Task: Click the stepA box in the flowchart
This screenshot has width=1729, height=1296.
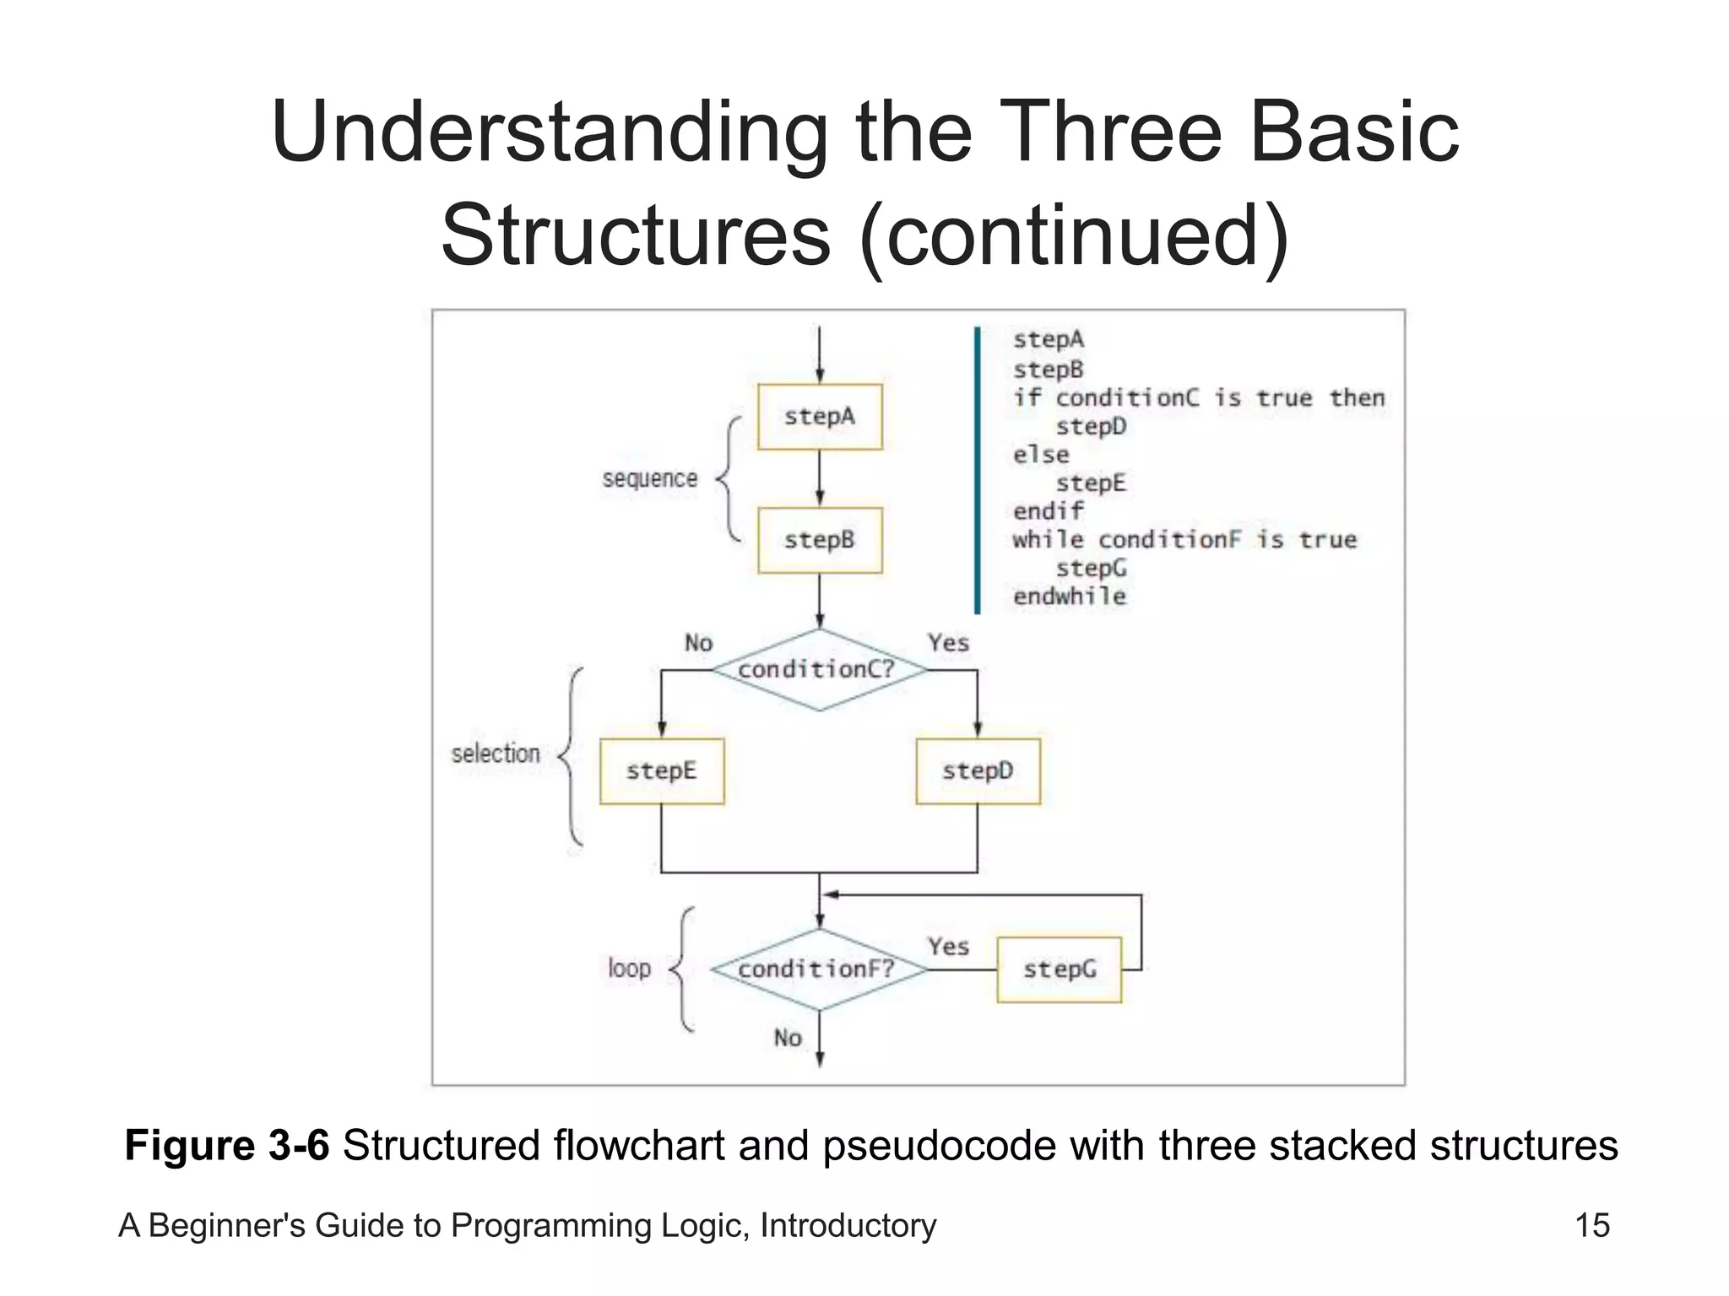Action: [819, 417]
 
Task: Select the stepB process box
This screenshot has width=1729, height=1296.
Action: [819, 540]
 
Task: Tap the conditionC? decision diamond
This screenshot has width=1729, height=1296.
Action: [817, 670]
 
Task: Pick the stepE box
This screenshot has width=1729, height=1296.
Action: [662, 771]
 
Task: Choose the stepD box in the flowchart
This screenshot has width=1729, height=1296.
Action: [978, 771]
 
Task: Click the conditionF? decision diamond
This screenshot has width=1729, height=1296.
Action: [817, 969]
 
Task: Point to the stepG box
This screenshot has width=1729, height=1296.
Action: [1059, 969]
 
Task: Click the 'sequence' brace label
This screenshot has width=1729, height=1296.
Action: [650, 478]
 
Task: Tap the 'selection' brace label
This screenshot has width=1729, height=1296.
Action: [496, 753]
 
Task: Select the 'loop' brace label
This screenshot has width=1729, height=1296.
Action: [630, 968]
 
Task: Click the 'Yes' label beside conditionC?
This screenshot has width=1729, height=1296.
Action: [948, 643]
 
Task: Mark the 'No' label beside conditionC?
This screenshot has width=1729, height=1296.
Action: [698, 643]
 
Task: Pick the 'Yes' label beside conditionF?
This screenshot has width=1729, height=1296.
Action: [948, 947]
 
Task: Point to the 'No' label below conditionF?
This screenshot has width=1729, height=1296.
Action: [788, 1038]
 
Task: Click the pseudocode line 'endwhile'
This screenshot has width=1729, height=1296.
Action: [1070, 597]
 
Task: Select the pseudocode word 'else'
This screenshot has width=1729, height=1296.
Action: [1041, 455]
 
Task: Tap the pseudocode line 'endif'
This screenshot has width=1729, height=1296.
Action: [1048, 511]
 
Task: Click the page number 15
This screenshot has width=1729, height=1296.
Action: [1592, 1225]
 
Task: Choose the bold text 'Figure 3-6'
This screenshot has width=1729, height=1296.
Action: [226, 1146]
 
